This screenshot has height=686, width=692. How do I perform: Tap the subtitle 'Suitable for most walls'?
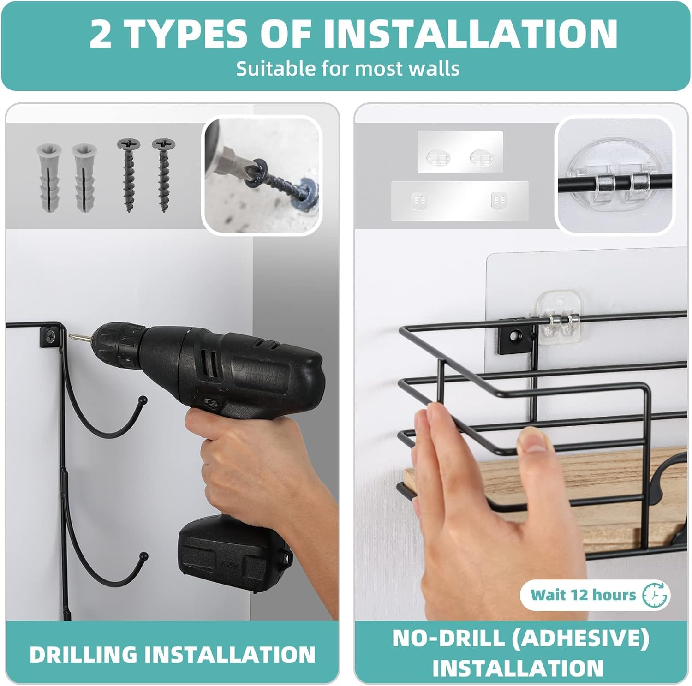tap(348, 69)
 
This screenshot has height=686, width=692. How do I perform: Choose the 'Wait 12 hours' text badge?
tap(583, 595)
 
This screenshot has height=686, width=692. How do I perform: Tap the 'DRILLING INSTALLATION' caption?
tap(172, 654)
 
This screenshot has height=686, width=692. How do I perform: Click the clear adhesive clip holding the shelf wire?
tap(560, 319)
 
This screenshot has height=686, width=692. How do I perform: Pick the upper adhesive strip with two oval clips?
tap(460, 152)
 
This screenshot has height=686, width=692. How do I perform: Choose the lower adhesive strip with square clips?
tap(459, 200)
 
